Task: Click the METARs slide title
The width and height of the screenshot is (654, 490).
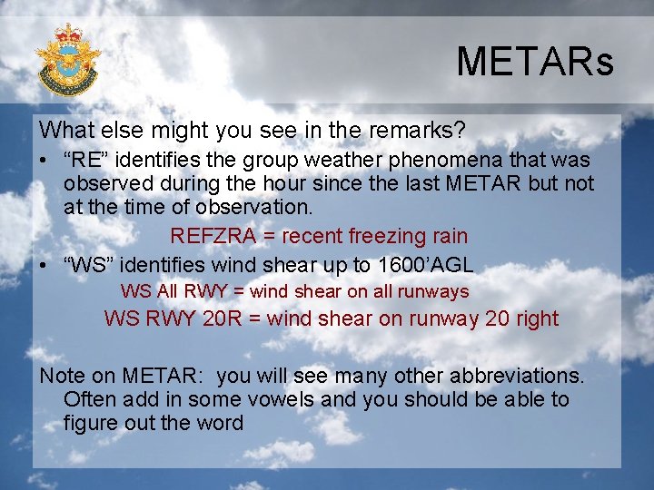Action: click(x=534, y=63)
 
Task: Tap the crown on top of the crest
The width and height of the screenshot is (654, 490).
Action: click(x=67, y=34)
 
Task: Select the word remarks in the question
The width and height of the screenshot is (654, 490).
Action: click(x=402, y=129)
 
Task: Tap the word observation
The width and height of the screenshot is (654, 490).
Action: click(x=256, y=207)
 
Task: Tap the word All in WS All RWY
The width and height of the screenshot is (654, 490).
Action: click(x=168, y=292)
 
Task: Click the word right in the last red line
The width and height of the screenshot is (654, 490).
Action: click(x=537, y=318)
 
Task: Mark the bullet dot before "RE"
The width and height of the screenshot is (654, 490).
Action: click(x=44, y=161)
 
